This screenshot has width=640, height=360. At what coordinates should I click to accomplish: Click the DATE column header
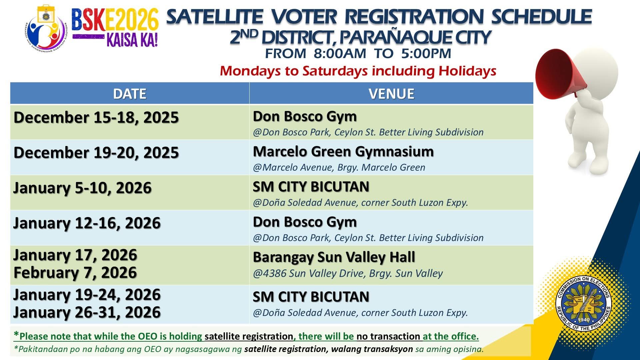[x=130, y=94]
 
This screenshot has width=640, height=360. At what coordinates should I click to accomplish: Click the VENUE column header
[x=391, y=94]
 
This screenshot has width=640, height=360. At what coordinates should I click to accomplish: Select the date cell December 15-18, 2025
[x=96, y=118]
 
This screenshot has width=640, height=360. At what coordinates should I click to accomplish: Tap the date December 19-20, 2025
[x=96, y=153]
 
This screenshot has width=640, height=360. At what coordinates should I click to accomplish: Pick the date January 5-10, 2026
[x=82, y=188]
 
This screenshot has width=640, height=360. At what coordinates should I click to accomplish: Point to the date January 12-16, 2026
[x=87, y=223]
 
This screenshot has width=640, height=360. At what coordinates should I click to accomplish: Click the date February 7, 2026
[x=75, y=273]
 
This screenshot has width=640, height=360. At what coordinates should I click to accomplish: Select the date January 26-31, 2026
[x=87, y=312]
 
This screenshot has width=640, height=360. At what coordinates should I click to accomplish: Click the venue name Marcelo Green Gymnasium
[x=343, y=152]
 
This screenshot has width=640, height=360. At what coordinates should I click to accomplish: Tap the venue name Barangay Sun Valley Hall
[x=334, y=257]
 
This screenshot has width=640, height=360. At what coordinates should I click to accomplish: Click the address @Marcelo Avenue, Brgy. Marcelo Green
[x=339, y=167]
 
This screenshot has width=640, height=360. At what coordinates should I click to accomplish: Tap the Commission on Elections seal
[x=583, y=304]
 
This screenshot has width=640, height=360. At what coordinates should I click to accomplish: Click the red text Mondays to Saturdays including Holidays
[x=358, y=71]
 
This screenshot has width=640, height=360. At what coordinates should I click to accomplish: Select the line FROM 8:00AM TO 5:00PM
[x=358, y=54]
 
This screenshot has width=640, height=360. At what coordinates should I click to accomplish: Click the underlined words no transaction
[x=388, y=336]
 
